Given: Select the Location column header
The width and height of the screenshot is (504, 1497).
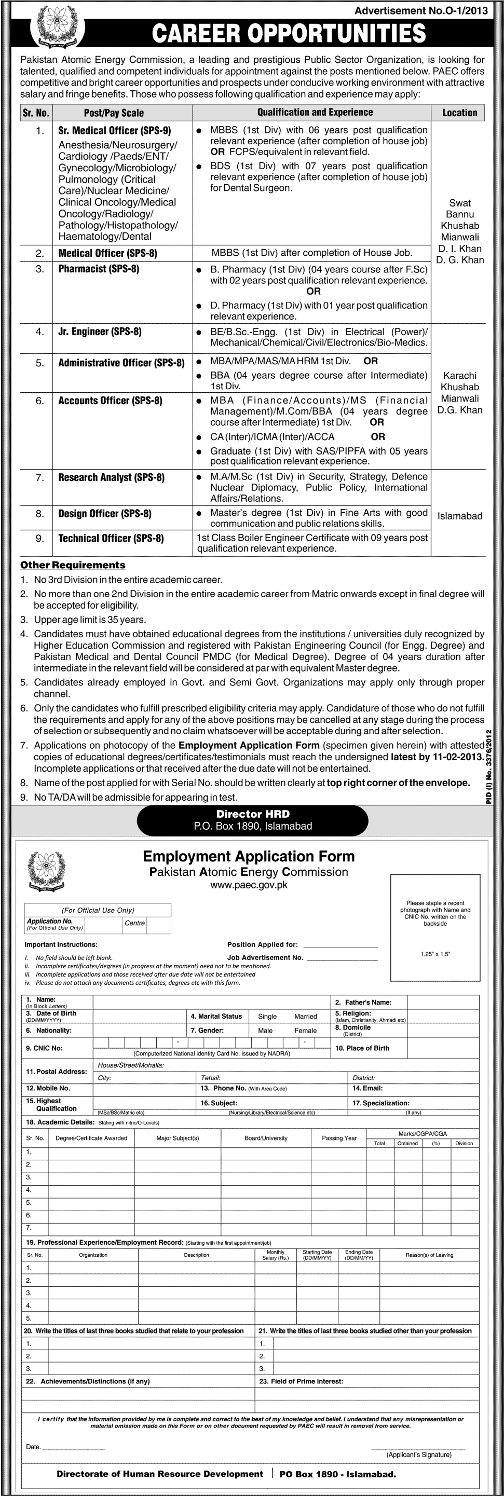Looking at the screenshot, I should [459, 113].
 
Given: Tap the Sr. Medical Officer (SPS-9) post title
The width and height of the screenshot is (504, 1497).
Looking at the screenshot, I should [115, 131].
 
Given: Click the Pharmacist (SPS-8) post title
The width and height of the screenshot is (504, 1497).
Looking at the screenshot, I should [98, 269].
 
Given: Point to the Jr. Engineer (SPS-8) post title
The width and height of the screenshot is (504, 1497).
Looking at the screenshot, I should [100, 332].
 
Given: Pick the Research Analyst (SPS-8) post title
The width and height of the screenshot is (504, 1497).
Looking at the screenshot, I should [111, 478].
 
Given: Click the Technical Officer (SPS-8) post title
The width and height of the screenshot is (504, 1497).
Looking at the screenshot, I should [111, 539].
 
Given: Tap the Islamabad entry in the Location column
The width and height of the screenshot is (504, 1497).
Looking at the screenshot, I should [459, 516].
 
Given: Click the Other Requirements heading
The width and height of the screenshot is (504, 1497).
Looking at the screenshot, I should [73, 565].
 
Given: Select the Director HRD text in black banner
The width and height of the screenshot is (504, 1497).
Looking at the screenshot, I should [252, 814].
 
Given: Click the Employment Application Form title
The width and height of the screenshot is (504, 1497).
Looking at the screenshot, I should [248, 856].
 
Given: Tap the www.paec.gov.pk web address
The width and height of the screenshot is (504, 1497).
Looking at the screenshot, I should [248, 885].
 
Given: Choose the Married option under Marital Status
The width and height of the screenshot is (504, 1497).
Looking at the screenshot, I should [305, 1017].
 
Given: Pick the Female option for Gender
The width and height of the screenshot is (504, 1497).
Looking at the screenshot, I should [305, 1031].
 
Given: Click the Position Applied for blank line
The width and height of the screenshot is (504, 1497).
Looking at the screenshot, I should [340, 945].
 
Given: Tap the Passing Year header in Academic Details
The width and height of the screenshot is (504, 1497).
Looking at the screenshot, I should [339, 1138].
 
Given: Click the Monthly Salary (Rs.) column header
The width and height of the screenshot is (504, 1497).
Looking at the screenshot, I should [276, 1255].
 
